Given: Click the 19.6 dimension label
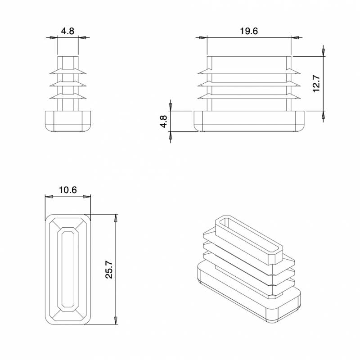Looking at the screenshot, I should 249,31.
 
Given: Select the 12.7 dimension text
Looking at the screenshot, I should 316,84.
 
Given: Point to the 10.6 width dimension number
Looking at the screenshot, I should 67,190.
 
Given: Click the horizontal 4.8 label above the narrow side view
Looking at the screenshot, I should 67,31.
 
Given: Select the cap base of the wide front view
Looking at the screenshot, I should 249,121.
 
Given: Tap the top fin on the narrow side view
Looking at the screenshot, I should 68,71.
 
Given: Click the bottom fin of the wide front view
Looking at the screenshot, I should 249,96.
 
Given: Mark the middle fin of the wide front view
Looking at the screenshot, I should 249,84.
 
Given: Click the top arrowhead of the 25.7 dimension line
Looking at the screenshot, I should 117,218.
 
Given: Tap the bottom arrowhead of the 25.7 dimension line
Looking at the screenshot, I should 117,320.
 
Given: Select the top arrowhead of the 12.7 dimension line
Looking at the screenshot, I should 323,52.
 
